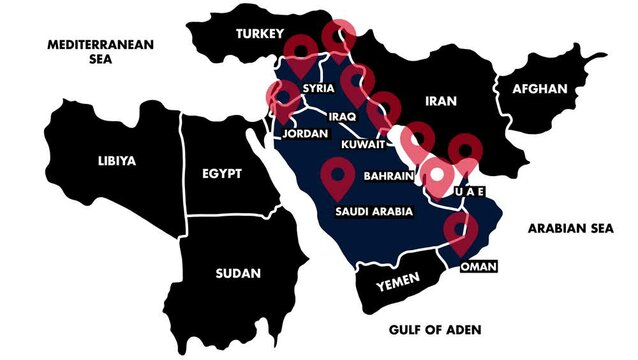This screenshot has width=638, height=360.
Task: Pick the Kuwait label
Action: pos(363,145)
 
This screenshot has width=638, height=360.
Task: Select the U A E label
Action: pos(469,191)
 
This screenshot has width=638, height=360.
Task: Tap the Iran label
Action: pos(440,101)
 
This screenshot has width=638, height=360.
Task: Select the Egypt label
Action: pos(221,173)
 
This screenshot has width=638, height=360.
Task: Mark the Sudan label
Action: pos(237,272)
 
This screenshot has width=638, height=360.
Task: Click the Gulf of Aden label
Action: pos(433,329)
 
